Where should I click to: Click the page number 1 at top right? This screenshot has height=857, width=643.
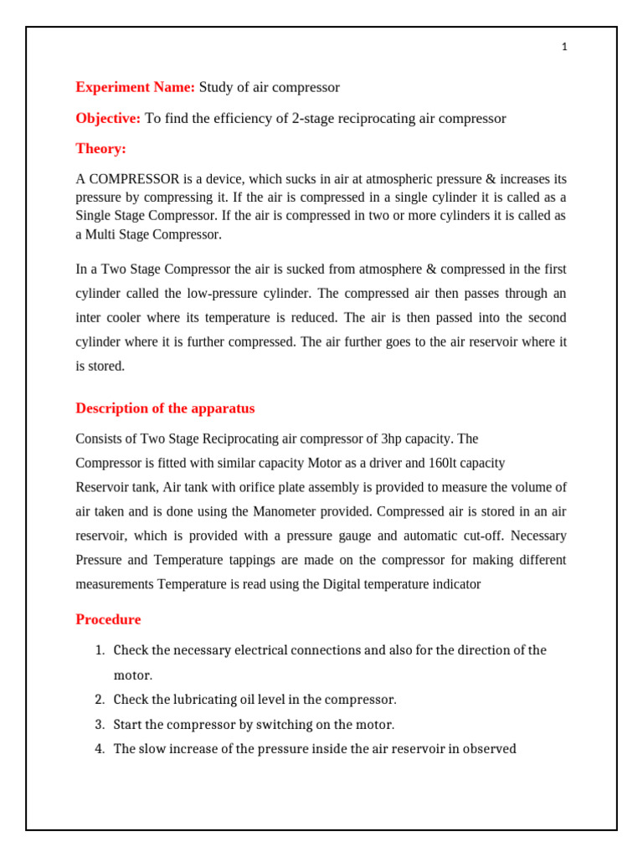pyautogui.click(x=564, y=48)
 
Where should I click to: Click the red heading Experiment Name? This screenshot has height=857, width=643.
pyautogui.click(x=136, y=87)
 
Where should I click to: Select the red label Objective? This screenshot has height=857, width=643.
pyautogui.click(x=108, y=118)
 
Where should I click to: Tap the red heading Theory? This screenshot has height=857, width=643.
pyautogui.click(x=100, y=149)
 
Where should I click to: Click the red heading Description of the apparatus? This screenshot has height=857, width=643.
pyautogui.click(x=165, y=408)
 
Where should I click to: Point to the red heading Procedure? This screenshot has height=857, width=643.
pyautogui.click(x=108, y=620)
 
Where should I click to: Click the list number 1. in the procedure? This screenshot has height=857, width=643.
pyautogui.click(x=99, y=650)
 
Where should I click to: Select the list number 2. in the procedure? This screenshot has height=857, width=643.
pyautogui.click(x=99, y=700)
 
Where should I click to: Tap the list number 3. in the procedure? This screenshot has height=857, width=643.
pyautogui.click(x=99, y=724)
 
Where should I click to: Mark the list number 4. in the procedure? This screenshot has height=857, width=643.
pyautogui.click(x=99, y=749)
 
